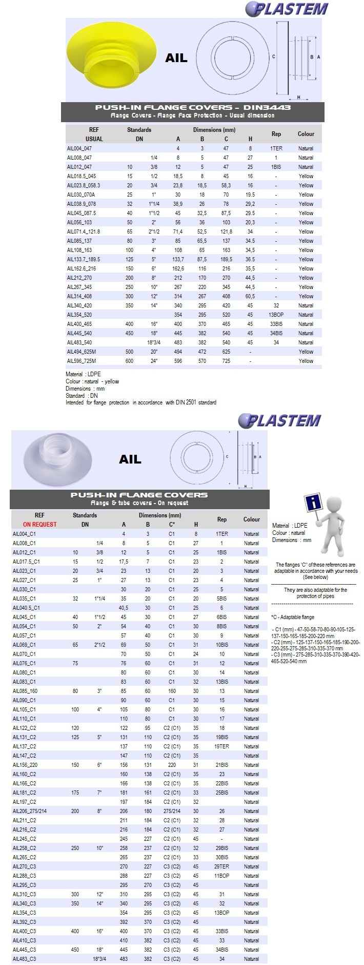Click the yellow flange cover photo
[x=103, y=57]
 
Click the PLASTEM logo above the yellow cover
[x=287, y=9]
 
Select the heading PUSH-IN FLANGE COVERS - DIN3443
[x=193, y=107]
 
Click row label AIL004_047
[x=79, y=148]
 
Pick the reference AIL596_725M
[x=82, y=361]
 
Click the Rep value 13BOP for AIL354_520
[x=276, y=315]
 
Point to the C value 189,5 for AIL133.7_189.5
[x=226, y=259]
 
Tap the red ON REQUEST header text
[x=39, y=525]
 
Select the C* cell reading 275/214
[x=172, y=811]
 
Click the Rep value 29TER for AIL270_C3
[x=221, y=866]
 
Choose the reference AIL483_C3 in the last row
[x=24, y=959]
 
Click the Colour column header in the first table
[x=306, y=134]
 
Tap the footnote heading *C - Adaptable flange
[x=293, y=617]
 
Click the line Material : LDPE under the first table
[x=84, y=374]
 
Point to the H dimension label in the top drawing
[x=298, y=97]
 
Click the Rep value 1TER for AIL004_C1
[x=221, y=534]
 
